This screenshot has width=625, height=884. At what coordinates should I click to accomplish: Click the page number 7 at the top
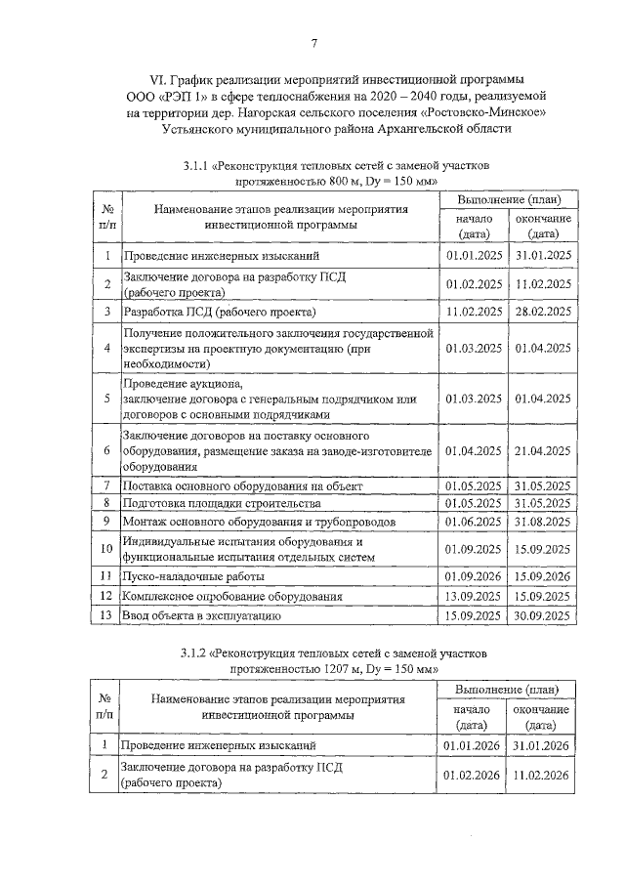coord(314,42)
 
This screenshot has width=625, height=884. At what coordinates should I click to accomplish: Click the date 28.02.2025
coord(543,312)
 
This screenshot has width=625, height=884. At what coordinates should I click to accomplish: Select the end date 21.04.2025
coord(543,450)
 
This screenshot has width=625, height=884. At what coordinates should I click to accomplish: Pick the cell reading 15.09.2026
coord(543,577)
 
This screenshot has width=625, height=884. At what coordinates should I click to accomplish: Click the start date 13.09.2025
coord(474,596)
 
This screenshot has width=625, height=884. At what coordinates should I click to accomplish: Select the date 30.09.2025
coord(543,616)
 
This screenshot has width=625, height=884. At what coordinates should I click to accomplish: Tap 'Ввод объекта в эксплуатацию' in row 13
coord(201,616)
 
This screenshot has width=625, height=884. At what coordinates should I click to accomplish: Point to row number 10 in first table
coord(106,549)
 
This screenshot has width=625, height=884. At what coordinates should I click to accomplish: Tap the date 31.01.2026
coord(543,745)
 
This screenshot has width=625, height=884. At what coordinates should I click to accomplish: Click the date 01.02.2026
coord(474,775)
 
